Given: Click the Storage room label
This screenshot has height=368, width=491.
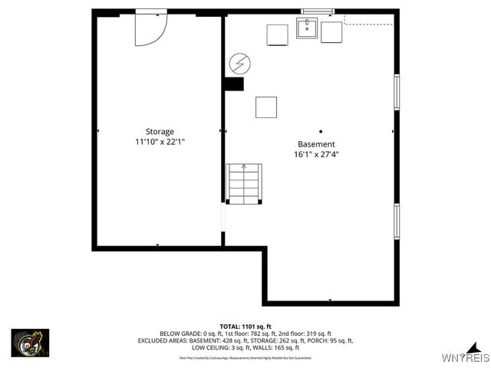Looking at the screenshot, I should pyautogui.click(x=160, y=131).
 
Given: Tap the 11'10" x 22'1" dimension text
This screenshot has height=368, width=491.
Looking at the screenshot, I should pyautogui.click(x=160, y=142).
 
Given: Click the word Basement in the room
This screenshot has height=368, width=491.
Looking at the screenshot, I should pyautogui.click(x=316, y=144).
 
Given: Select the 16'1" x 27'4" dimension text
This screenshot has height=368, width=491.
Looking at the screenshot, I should pyautogui.click(x=316, y=154).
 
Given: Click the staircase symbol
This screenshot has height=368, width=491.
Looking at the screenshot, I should pyautogui.click(x=244, y=184).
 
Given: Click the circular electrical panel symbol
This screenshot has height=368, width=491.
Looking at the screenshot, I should pyautogui.click(x=239, y=61).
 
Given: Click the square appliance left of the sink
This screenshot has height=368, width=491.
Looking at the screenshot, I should pyautogui.click(x=277, y=35).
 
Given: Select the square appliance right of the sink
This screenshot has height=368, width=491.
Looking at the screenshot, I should pyautogui.click(x=331, y=32).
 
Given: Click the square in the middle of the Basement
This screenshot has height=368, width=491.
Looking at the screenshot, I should pyautogui.click(x=266, y=107).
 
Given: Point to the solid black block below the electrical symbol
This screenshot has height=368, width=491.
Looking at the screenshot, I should pyautogui.click(x=234, y=84).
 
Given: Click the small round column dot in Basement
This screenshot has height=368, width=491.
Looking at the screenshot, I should pyautogui.click(x=321, y=130).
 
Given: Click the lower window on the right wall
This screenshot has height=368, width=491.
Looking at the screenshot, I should pyautogui.click(x=397, y=222).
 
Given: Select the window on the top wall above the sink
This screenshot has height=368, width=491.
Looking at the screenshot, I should pyautogui.click(x=318, y=11).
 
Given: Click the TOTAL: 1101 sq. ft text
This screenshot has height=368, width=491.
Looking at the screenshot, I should pyautogui.click(x=245, y=326).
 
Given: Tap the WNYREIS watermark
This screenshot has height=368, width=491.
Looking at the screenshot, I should pyautogui.click(x=465, y=358).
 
